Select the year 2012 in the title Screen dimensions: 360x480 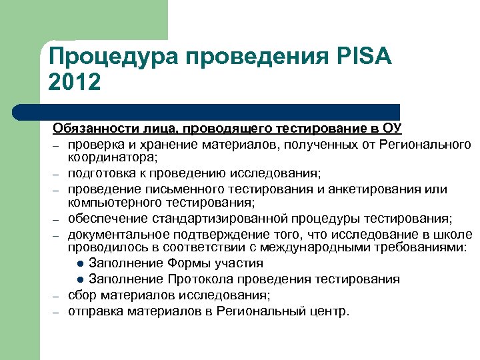point(75,83)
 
